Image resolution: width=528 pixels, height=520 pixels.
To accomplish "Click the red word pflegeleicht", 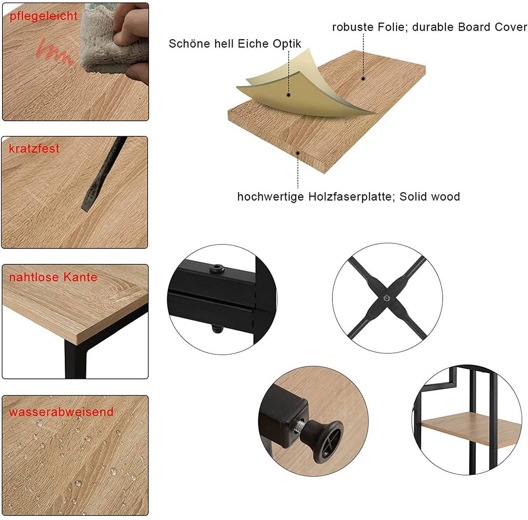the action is tap(44, 17).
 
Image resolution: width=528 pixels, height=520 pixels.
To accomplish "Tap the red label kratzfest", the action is tap(34, 148).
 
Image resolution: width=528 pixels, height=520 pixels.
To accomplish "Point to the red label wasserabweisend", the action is tap(61, 412).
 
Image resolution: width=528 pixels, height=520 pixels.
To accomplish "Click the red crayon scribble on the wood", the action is tap(54, 52).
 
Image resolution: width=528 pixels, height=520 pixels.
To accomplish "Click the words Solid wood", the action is tap(430, 197).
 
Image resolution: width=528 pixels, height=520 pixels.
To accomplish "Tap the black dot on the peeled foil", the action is tap(288, 95).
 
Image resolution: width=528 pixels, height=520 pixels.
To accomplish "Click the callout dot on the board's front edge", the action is tap(298, 153).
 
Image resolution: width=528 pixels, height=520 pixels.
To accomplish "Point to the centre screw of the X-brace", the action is tap(387, 298).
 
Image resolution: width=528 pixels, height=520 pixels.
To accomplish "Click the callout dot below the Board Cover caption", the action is tap(363, 78).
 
